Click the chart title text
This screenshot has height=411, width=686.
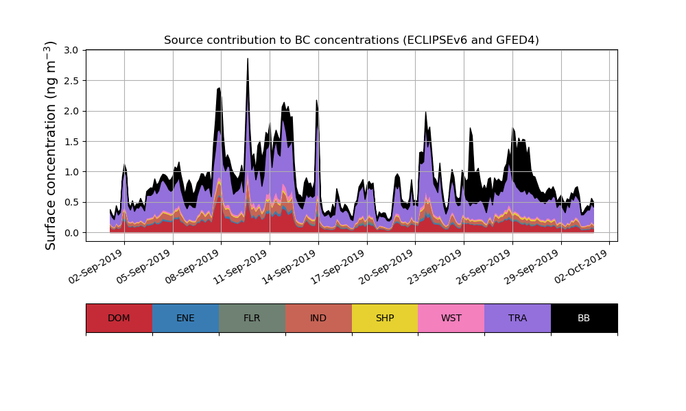[x=351, y=40]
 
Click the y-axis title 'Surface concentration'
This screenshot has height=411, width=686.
[x=51, y=145]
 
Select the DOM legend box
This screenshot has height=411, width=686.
[x=119, y=318]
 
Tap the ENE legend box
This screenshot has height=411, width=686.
[x=185, y=318]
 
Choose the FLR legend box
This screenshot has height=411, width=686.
[x=252, y=318]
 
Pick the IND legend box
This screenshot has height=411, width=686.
[x=318, y=318]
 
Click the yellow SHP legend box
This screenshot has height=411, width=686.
[x=385, y=318]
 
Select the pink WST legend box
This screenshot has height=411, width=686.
[x=451, y=318]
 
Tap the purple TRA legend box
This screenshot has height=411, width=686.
[x=517, y=318]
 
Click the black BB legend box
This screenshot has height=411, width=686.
[x=584, y=318]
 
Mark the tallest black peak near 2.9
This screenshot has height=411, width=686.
[x=248, y=60]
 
